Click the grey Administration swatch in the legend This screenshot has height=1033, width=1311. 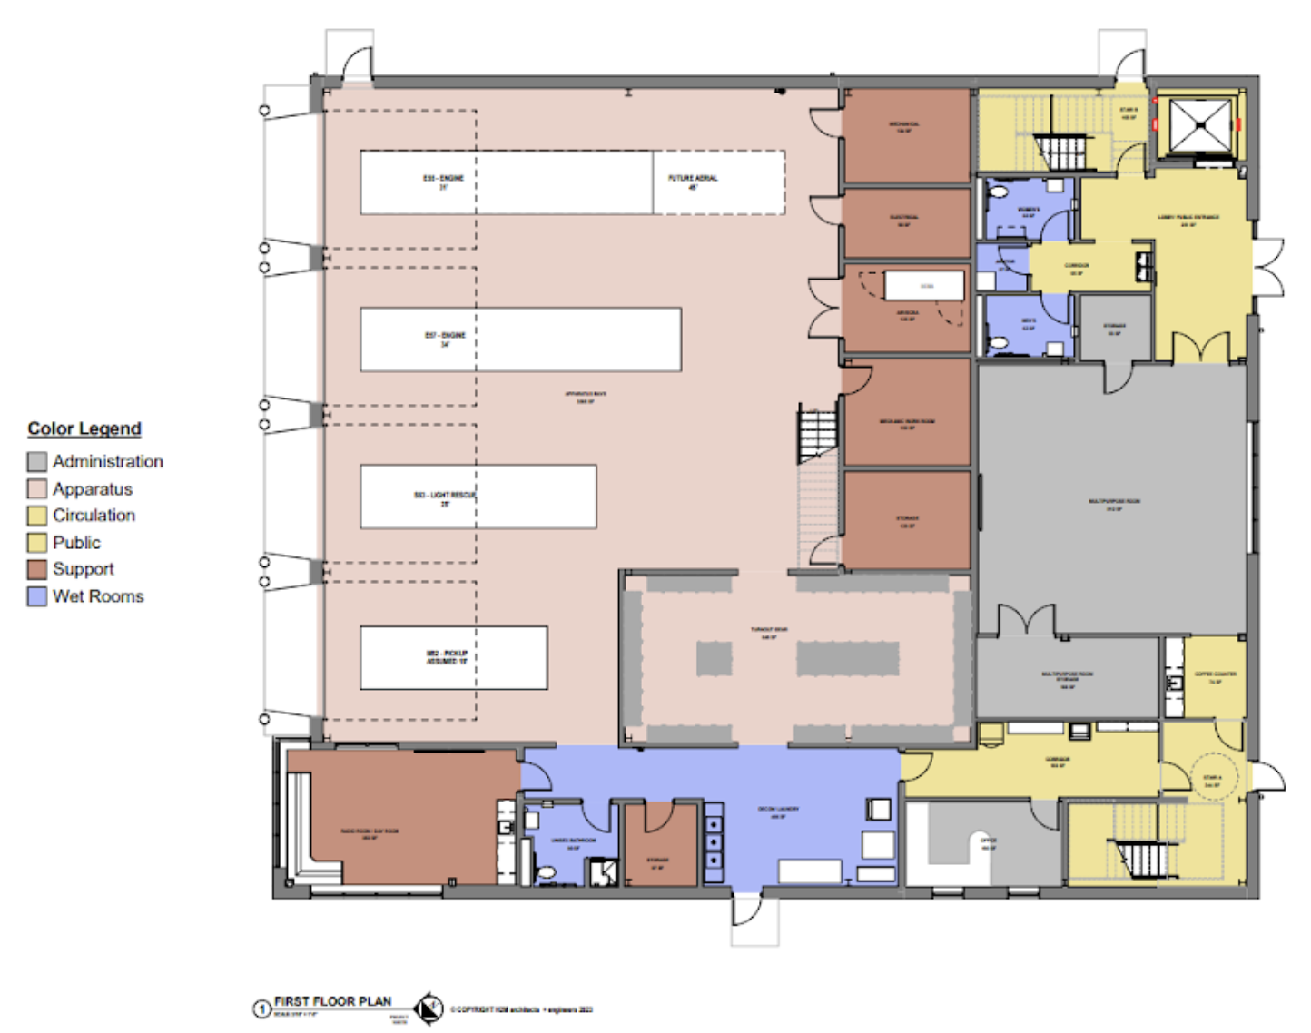click(x=36, y=462)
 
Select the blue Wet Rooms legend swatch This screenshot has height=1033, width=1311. click(x=36, y=596)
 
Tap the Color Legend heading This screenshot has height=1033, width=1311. click(x=84, y=428)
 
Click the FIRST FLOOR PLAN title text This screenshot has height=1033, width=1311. click(x=332, y=1001)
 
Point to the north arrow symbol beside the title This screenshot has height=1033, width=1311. click(x=428, y=1008)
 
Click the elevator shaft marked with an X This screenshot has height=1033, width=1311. click(x=1199, y=125)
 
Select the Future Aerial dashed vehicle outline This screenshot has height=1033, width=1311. click(x=718, y=182)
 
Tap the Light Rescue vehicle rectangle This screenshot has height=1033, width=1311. click(x=478, y=497)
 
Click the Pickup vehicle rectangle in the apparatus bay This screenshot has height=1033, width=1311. click(x=454, y=657)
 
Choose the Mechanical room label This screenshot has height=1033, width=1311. click(x=904, y=127)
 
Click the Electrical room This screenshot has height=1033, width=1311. click(x=905, y=221)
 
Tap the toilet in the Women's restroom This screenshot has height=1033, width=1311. click(x=999, y=192)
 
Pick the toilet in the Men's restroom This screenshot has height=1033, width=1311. click(x=999, y=342)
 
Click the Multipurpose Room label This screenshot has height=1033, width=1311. click(x=1114, y=504)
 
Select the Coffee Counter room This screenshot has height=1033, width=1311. click(x=1215, y=677)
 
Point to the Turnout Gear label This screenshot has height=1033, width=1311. click(x=769, y=632)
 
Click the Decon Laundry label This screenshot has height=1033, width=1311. click(x=778, y=812)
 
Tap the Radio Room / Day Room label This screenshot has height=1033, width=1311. click(x=370, y=833)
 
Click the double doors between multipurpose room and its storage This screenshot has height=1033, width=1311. click(x=1027, y=623)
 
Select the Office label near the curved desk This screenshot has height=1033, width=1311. click(x=989, y=843)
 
